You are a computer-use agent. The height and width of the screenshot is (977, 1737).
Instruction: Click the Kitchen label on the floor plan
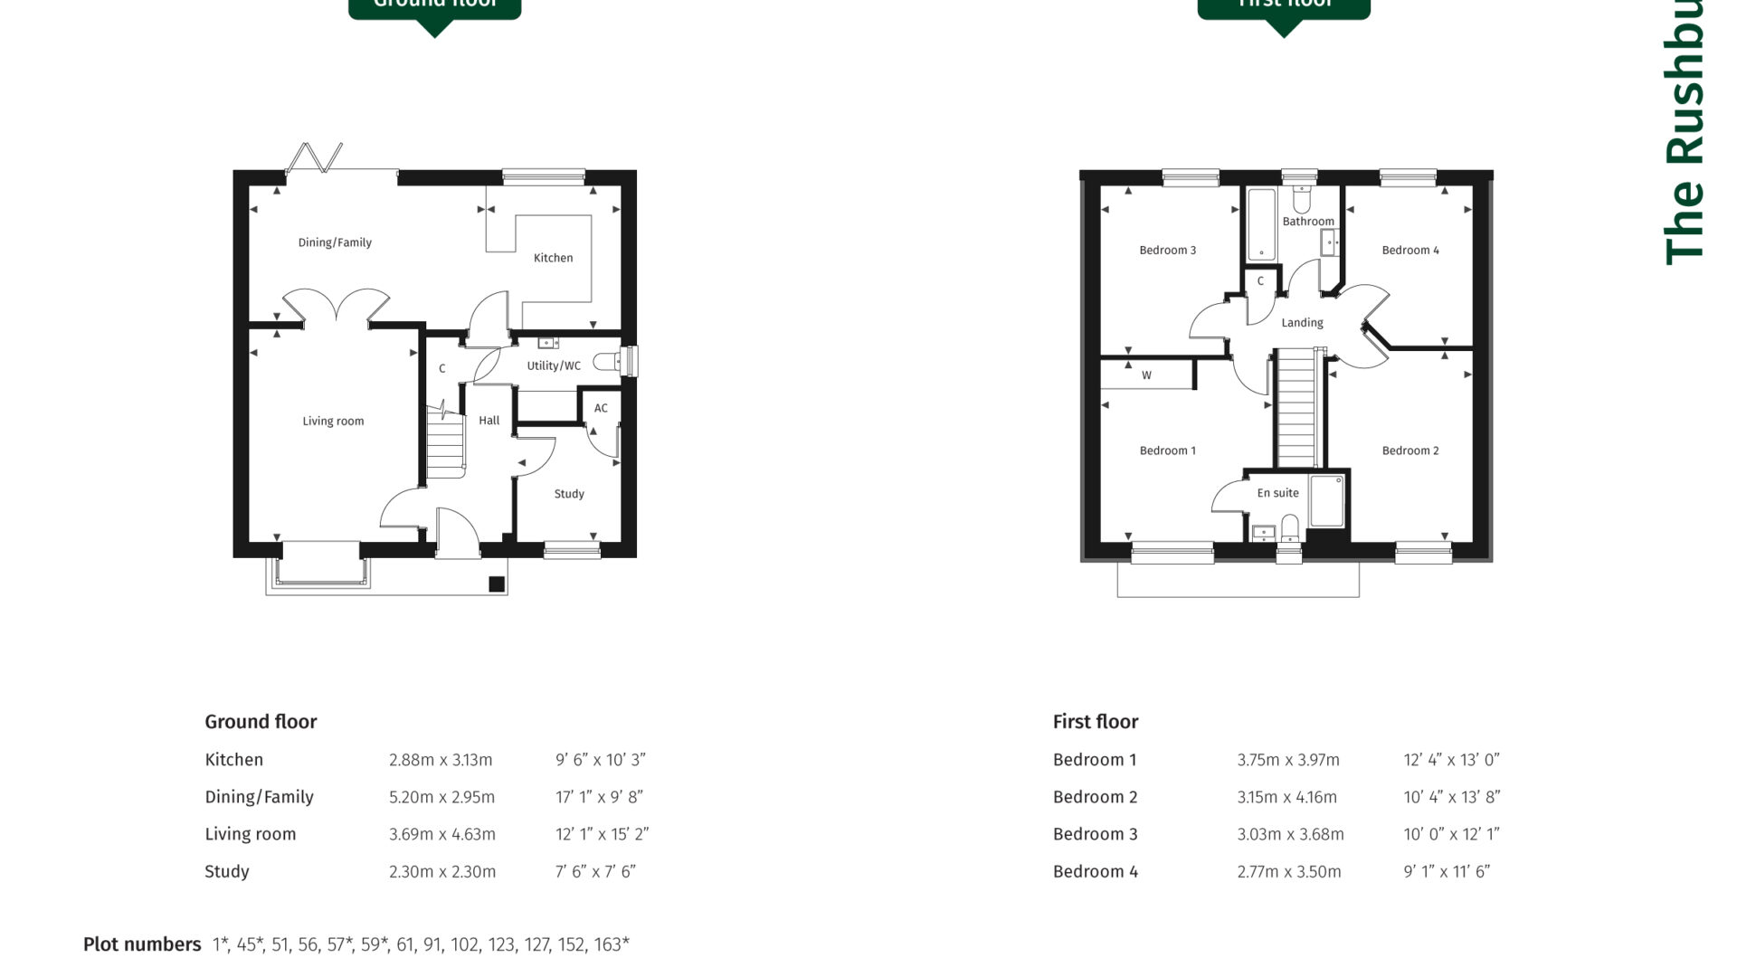click(x=553, y=258)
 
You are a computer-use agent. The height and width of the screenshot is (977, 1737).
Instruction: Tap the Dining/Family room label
click(x=335, y=242)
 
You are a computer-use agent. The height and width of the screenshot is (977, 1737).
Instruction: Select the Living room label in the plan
click(x=333, y=421)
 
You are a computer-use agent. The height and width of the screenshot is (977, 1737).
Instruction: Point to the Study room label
click(x=569, y=494)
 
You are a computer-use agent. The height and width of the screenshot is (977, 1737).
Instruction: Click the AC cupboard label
click(x=601, y=408)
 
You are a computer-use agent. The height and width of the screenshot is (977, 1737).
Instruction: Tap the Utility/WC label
click(x=554, y=365)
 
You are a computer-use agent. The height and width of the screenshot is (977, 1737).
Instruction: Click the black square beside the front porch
click(x=497, y=584)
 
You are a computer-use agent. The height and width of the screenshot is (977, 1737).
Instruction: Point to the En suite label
click(x=1277, y=493)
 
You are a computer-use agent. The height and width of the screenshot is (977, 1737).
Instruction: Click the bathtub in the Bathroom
click(x=1261, y=224)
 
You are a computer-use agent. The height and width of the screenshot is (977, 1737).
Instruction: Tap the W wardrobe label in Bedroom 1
click(x=1146, y=375)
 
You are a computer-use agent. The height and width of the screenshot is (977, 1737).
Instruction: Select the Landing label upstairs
click(x=1302, y=323)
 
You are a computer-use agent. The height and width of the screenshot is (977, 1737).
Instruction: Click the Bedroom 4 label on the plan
click(x=1410, y=251)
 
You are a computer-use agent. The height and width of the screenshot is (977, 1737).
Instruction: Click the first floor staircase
click(x=1296, y=407)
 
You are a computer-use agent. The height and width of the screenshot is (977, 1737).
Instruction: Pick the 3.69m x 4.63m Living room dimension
click(x=441, y=834)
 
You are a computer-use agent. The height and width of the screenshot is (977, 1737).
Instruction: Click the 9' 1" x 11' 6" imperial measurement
click(x=1447, y=871)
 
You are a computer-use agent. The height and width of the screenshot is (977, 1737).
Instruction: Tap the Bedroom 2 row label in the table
click(x=1095, y=797)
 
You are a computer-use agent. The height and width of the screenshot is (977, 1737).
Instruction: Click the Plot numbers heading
click(x=142, y=944)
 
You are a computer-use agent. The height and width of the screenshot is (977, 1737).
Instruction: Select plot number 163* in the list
click(x=612, y=944)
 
